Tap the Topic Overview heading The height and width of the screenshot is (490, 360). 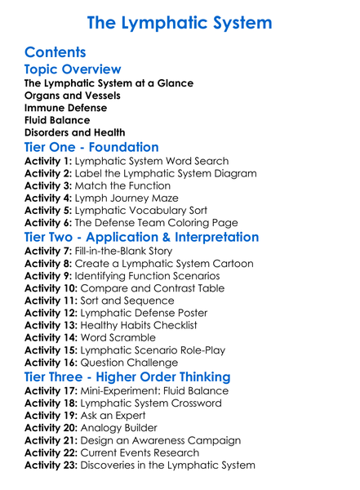[x=73, y=70]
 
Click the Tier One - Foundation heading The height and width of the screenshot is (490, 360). [x=91, y=147]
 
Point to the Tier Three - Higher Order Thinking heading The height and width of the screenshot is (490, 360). [x=127, y=376]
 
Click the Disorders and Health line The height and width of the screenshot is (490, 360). [x=74, y=132]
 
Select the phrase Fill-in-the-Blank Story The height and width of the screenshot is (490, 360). [x=123, y=251]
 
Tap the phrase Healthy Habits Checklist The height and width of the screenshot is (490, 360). [x=146, y=326]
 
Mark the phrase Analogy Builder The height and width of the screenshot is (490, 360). [x=121, y=427]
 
